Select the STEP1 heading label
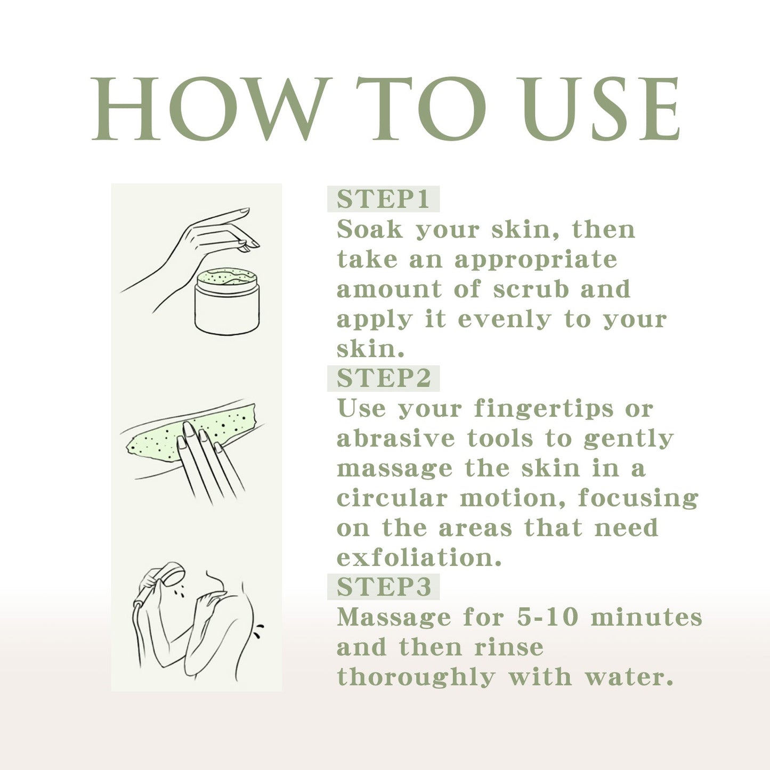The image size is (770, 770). [383, 199]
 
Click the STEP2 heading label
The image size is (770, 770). [383, 378]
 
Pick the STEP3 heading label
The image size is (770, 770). [383, 587]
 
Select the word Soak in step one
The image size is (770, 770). [370, 230]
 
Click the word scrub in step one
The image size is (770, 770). [531, 289]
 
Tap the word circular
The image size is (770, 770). [392, 499]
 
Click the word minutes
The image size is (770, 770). [646, 617]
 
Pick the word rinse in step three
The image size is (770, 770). [509, 647]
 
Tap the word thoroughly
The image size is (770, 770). [416, 678]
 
